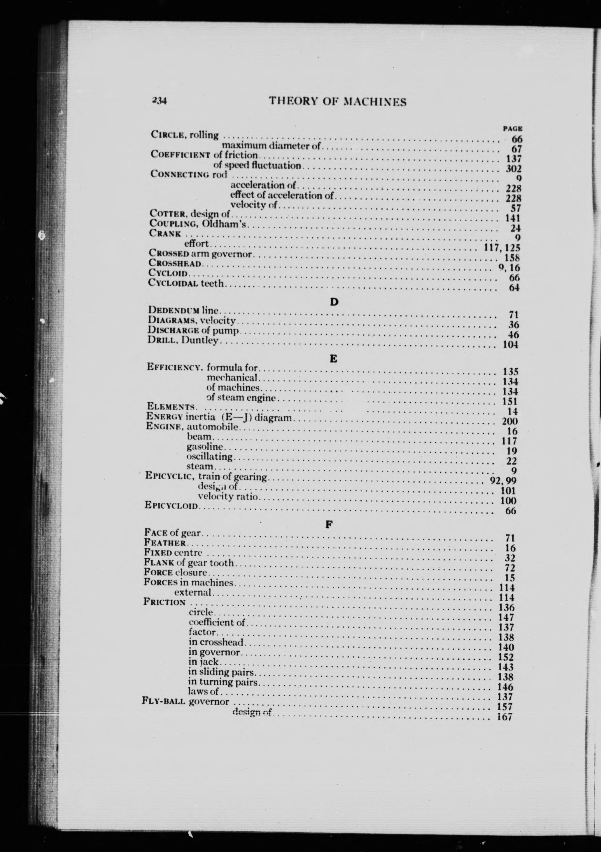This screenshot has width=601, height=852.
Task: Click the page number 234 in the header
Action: pos(159,101)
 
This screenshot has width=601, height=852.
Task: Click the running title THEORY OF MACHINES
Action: pos(337,102)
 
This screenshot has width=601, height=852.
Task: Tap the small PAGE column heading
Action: pos(513,129)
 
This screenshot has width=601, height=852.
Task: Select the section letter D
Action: pos(334,302)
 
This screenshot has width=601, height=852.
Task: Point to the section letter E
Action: pos(333,359)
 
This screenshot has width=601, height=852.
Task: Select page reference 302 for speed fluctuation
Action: pos(514,169)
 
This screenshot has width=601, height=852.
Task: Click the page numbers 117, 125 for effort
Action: pos(502,248)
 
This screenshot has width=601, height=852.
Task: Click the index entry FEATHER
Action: pos(164,543)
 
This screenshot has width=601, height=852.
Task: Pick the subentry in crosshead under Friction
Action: pos(216,642)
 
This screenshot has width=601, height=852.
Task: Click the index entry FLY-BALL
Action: pos(163,701)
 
